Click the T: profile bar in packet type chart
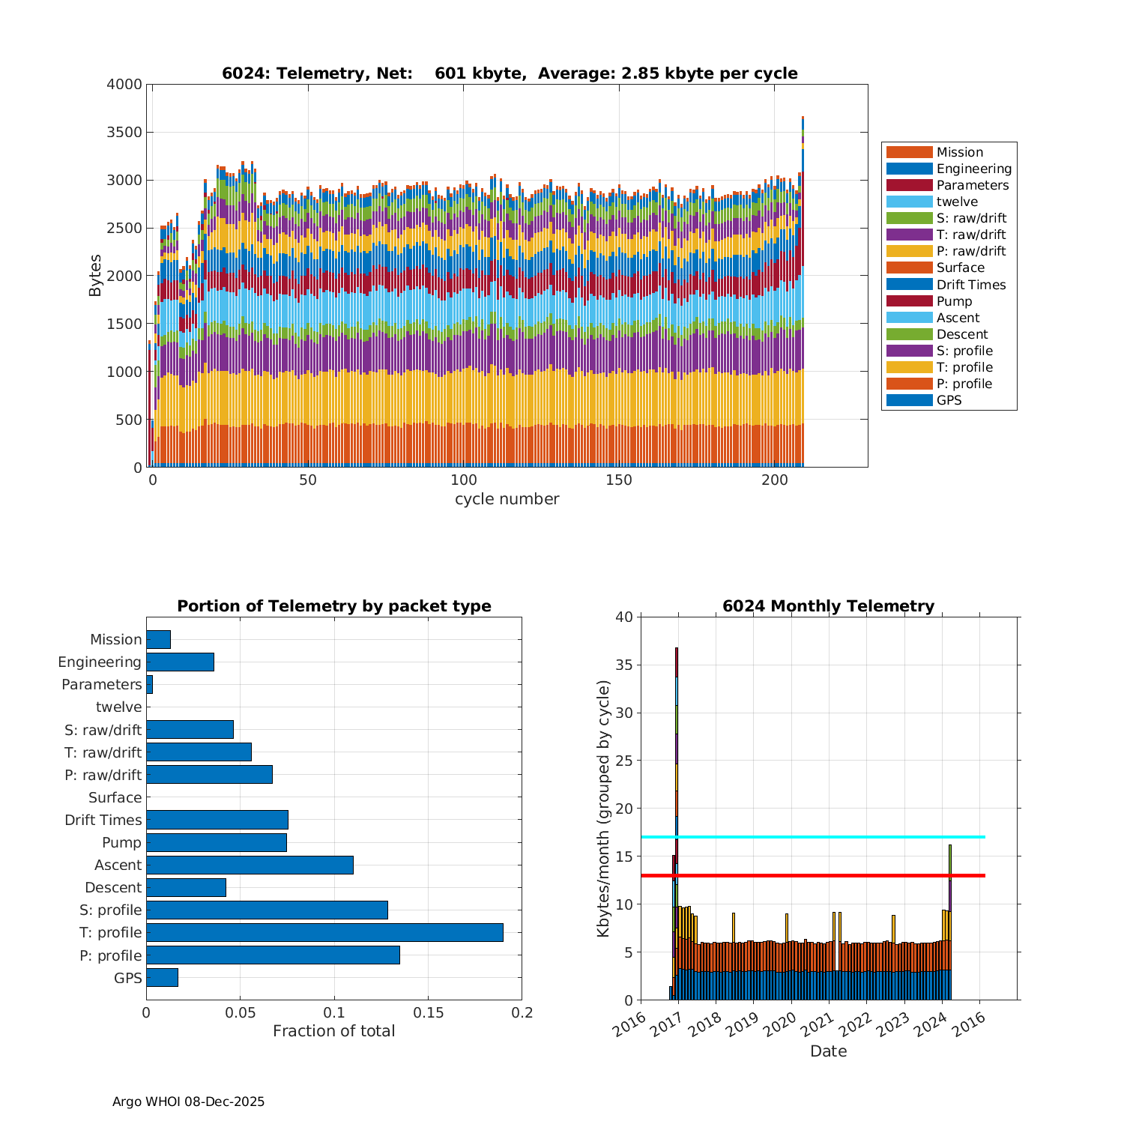(x=324, y=932)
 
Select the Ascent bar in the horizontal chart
(x=250, y=865)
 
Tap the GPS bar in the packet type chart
(x=162, y=977)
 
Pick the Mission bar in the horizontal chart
(x=158, y=639)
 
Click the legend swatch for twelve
(x=909, y=202)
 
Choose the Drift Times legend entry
(x=970, y=285)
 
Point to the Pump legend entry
(x=954, y=301)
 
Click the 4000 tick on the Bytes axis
(x=124, y=85)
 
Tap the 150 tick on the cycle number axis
(x=619, y=480)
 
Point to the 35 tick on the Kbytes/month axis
(x=623, y=665)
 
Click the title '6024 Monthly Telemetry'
(x=828, y=606)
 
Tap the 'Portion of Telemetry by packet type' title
(x=334, y=606)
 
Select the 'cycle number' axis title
(x=507, y=499)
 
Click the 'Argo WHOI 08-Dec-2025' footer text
(x=188, y=1102)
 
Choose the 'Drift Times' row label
(x=103, y=820)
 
